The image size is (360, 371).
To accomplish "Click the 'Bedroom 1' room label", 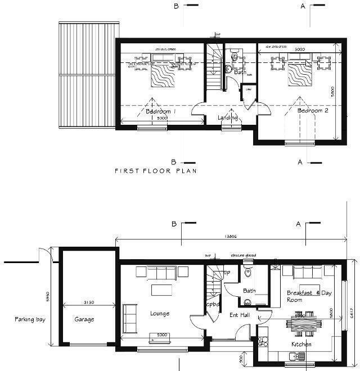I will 161,111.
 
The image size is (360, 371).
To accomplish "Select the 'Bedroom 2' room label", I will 312,111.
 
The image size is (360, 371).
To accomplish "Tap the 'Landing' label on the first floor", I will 228,117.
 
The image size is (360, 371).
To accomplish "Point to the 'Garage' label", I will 84,319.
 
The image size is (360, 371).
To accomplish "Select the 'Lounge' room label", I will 160,313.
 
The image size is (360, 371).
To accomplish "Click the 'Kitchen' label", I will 301,344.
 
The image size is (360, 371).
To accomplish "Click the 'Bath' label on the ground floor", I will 249,291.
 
